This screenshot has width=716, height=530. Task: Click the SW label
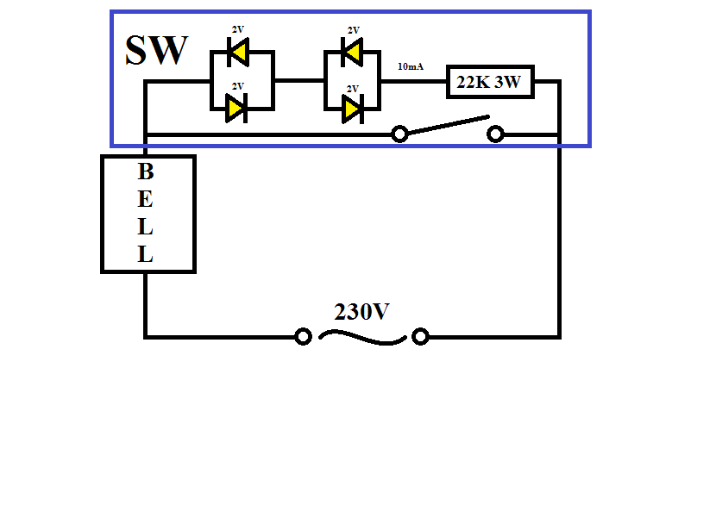click(x=156, y=51)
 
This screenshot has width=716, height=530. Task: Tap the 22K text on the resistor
click(x=473, y=84)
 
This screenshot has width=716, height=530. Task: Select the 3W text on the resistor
click(x=510, y=84)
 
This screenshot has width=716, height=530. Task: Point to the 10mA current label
click(x=410, y=66)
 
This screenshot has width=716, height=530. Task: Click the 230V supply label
click(x=362, y=312)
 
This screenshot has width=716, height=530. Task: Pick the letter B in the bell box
click(x=146, y=171)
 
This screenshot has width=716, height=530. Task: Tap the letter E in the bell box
click(x=146, y=200)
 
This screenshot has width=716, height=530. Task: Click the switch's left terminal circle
click(x=399, y=134)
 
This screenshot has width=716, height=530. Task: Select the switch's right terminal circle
click(x=495, y=134)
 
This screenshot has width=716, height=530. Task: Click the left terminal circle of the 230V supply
click(x=303, y=336)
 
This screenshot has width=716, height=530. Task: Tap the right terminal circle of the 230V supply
click(x=420, y=336)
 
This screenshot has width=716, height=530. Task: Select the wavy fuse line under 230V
click(x=361, y=338)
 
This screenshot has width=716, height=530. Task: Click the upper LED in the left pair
click(x=236, y=54)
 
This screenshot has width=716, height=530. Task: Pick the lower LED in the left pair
click(x=236, y=109)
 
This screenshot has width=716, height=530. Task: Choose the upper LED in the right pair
click(x=350, y=54)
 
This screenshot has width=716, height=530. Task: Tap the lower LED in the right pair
click(x=350, y=109)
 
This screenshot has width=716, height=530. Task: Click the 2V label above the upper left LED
click(x=238, y=29)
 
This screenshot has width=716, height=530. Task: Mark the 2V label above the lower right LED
click(x=352, y=88)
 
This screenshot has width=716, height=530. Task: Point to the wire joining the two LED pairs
click(x=298, y=80)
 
